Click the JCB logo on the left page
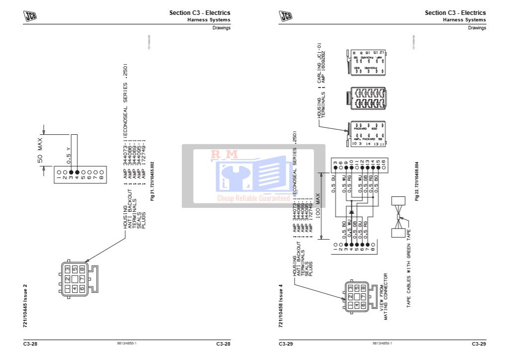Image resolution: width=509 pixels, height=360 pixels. click(x=30, y=16)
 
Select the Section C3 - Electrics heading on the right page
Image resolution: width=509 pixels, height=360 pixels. click(x=455, y=13)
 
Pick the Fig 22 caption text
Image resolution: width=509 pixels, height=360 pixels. click(x=417, y=181)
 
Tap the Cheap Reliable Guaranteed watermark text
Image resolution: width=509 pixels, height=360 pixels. click(x=254, y=198)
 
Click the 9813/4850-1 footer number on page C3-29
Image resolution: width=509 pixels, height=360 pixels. click(x=382, y=344)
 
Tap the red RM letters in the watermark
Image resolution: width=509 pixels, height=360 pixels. click(x=225, y=155)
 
